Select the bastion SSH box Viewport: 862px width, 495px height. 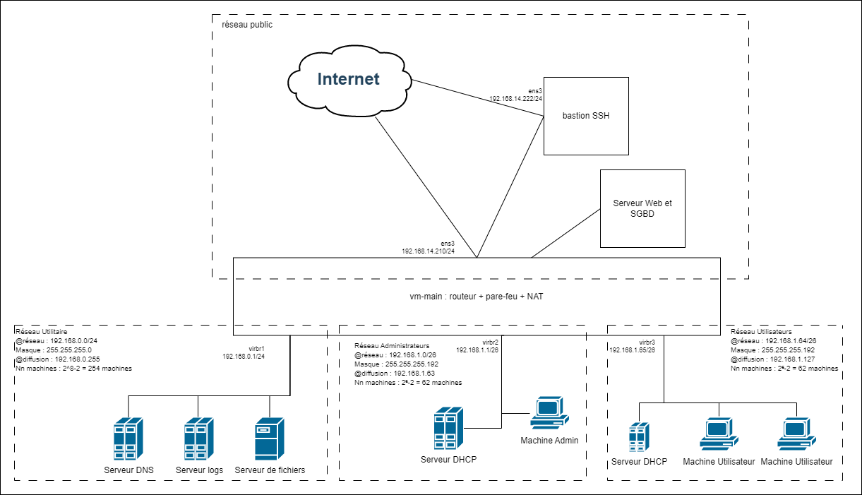[585, 116]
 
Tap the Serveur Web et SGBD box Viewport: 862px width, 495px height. [642, 208]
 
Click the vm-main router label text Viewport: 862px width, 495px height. [477, 297]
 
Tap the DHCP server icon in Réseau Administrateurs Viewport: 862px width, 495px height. [448, 428]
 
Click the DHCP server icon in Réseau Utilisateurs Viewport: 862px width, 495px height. [639, 437]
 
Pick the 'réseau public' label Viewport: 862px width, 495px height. [247, 25]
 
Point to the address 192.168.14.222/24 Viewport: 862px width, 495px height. [516, 100]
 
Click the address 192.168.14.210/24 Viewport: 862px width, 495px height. [429, 251]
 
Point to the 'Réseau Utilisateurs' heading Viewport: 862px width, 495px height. [761, 331]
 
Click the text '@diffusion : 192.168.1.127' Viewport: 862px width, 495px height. [774, 359]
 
